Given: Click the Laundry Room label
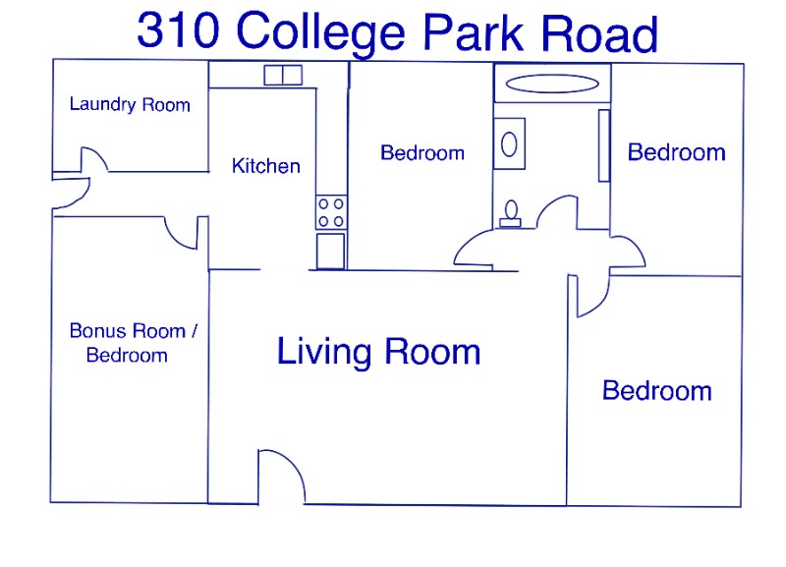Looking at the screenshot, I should (130, 104).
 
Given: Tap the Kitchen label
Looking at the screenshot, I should (265, 166).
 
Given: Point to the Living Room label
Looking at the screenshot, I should (378, 351).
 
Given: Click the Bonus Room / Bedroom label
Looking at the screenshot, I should (133, 343).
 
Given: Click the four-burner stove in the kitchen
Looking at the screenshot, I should (330, 212).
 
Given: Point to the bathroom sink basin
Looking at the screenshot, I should (509, 144).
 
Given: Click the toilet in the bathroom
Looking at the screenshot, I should (510, 212).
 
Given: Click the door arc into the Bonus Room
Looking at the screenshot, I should (181, 234).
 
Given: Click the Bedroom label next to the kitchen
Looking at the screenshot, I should (421, 153).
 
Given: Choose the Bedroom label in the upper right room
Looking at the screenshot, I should (676, 152).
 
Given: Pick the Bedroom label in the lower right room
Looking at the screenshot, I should (656, 391).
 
